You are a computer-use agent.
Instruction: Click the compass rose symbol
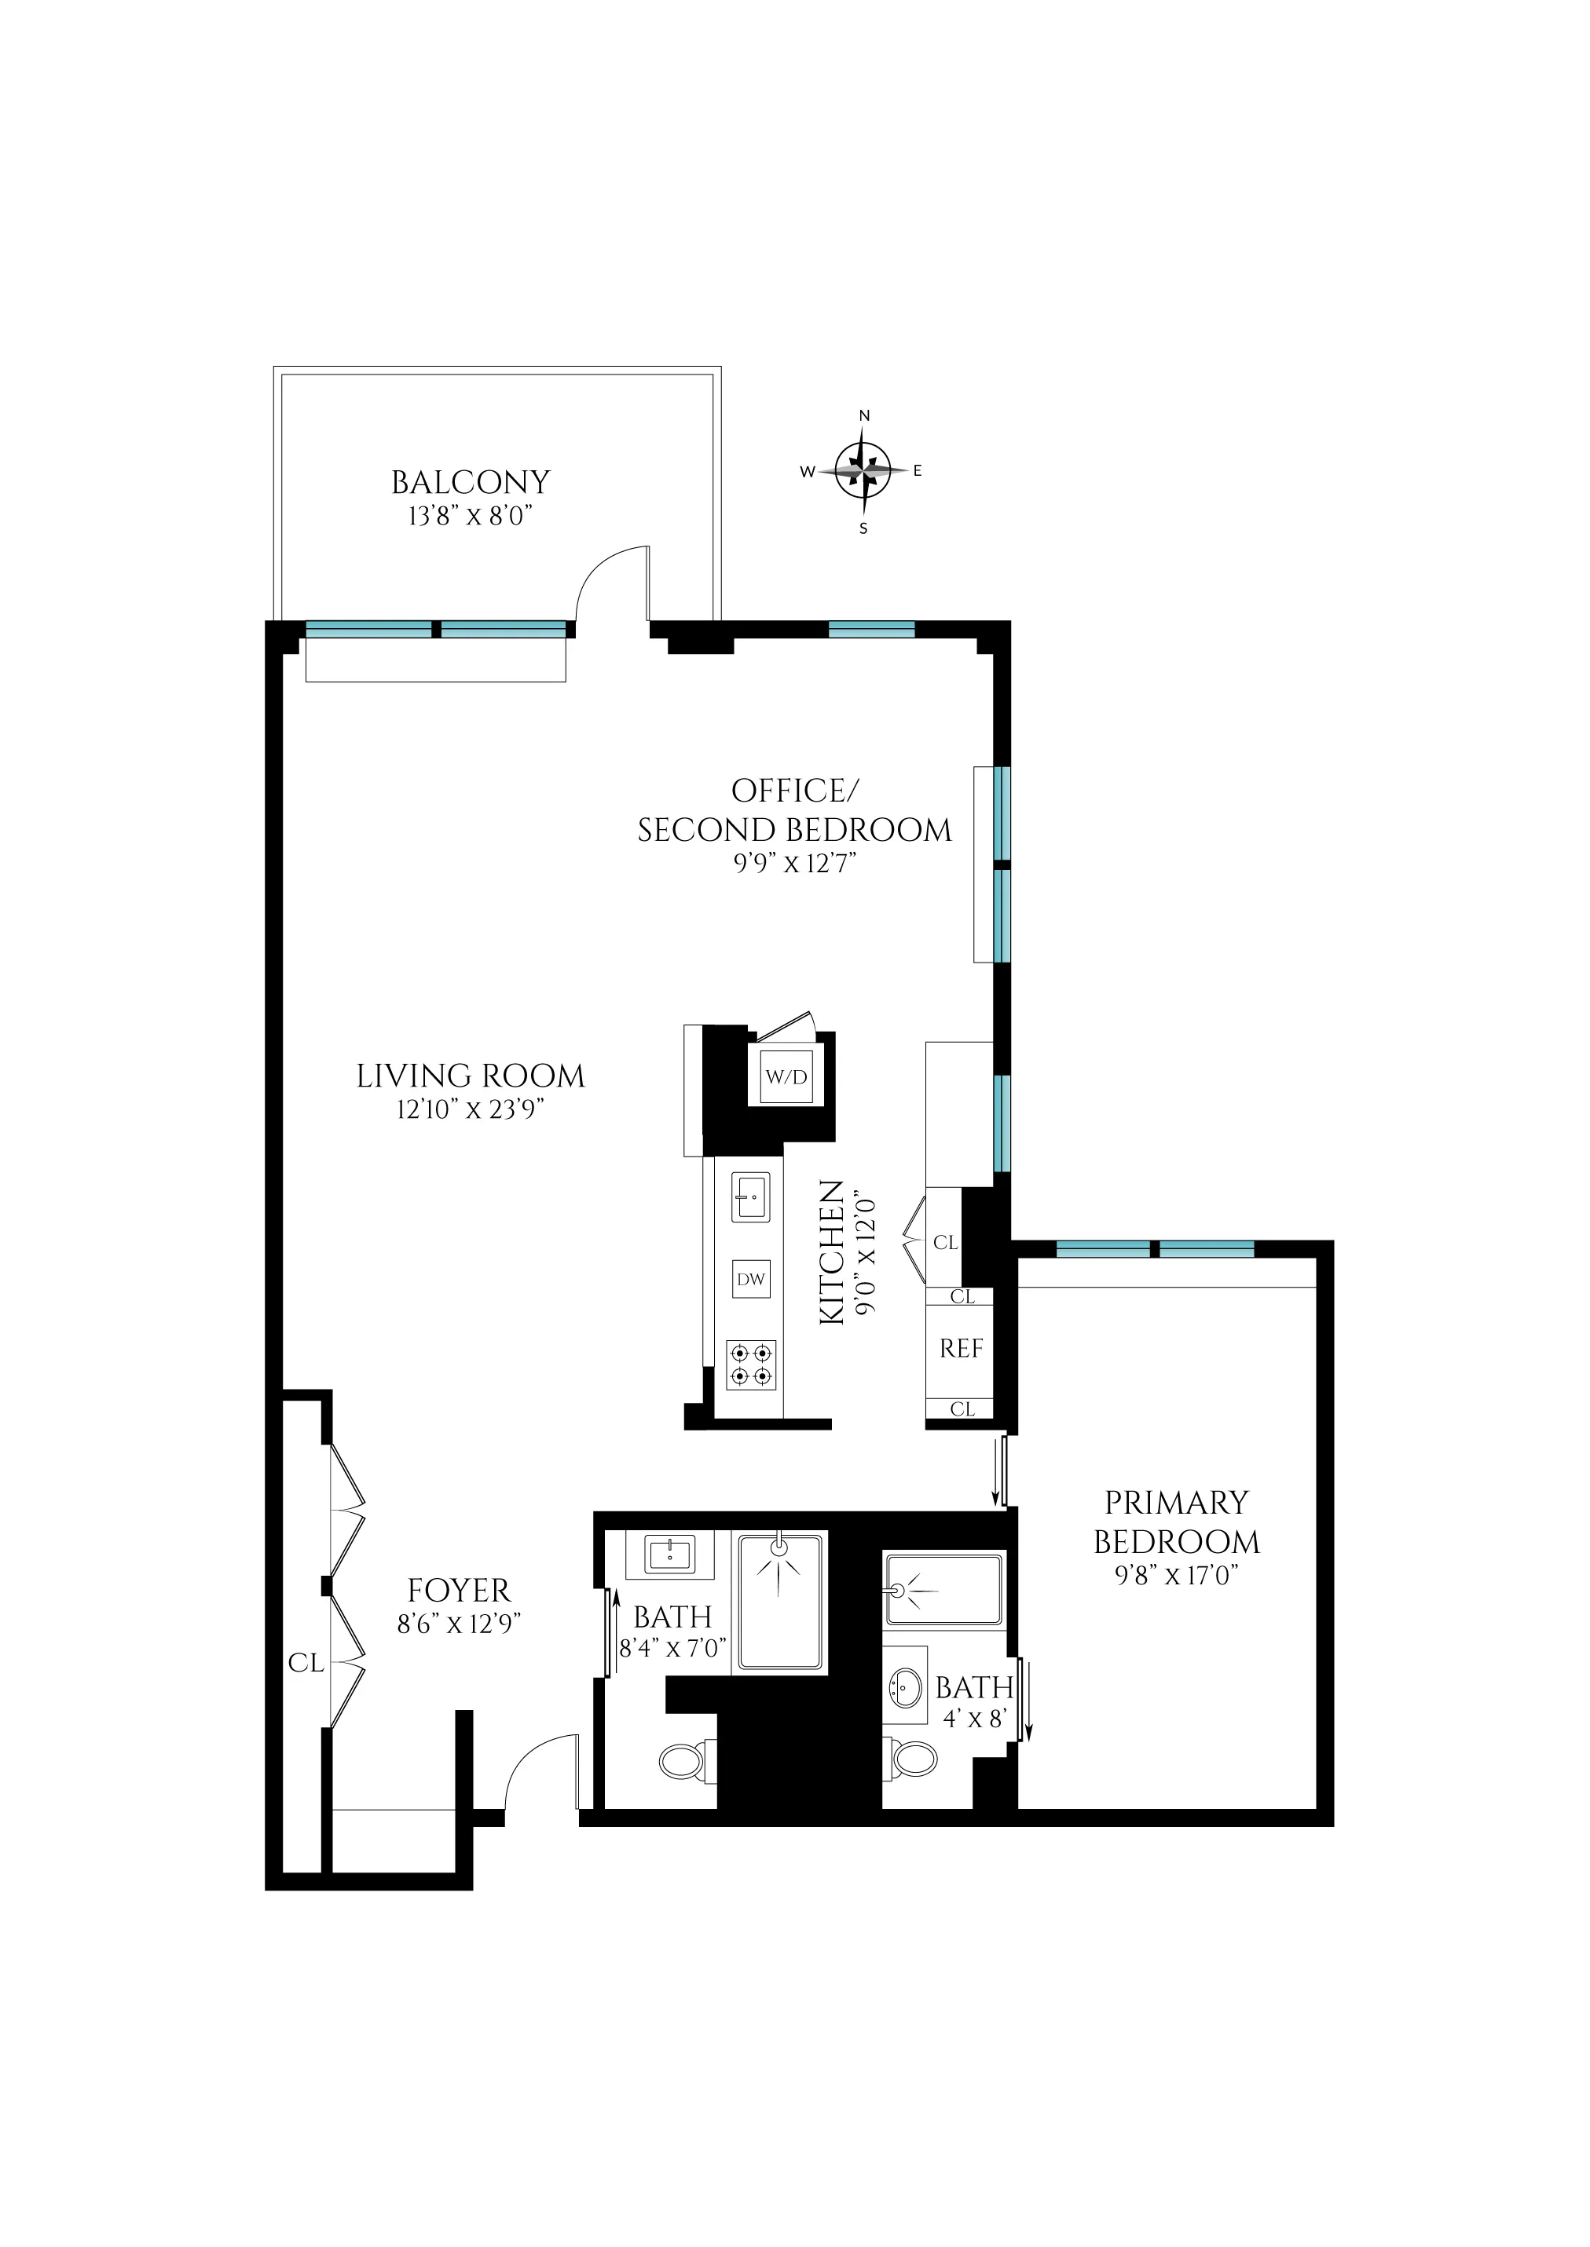[x=863, y=471]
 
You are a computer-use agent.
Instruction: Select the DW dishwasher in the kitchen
[x=751, y=1279]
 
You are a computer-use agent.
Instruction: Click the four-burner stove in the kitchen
[x=751, y=1365]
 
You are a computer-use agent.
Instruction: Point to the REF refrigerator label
[x=961, y=1349]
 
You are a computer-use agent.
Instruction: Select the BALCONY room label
[x=470, y=483]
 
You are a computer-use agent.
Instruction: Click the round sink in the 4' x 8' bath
[x=906, y=1687]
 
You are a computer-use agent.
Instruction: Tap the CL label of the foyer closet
[x=306, y=1663]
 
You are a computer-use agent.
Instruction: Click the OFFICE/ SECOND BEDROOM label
[x=794, y=810]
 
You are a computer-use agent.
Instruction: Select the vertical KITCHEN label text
[x=831, y=1253]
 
